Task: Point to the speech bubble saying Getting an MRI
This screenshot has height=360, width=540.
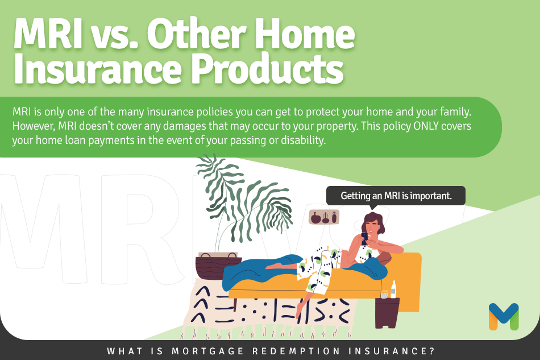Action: (396, 196)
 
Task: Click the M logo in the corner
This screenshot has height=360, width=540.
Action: (504, 316)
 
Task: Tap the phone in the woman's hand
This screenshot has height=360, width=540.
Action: (364, 238)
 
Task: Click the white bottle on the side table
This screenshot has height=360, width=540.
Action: (393, 289)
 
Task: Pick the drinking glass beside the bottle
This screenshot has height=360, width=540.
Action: (384, 295)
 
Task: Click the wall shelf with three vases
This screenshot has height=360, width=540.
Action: (324, 217)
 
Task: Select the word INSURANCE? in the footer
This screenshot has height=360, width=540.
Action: (392, 351)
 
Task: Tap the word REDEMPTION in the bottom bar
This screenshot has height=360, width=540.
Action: (296, 351)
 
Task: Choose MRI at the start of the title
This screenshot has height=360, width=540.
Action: (48, 34)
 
